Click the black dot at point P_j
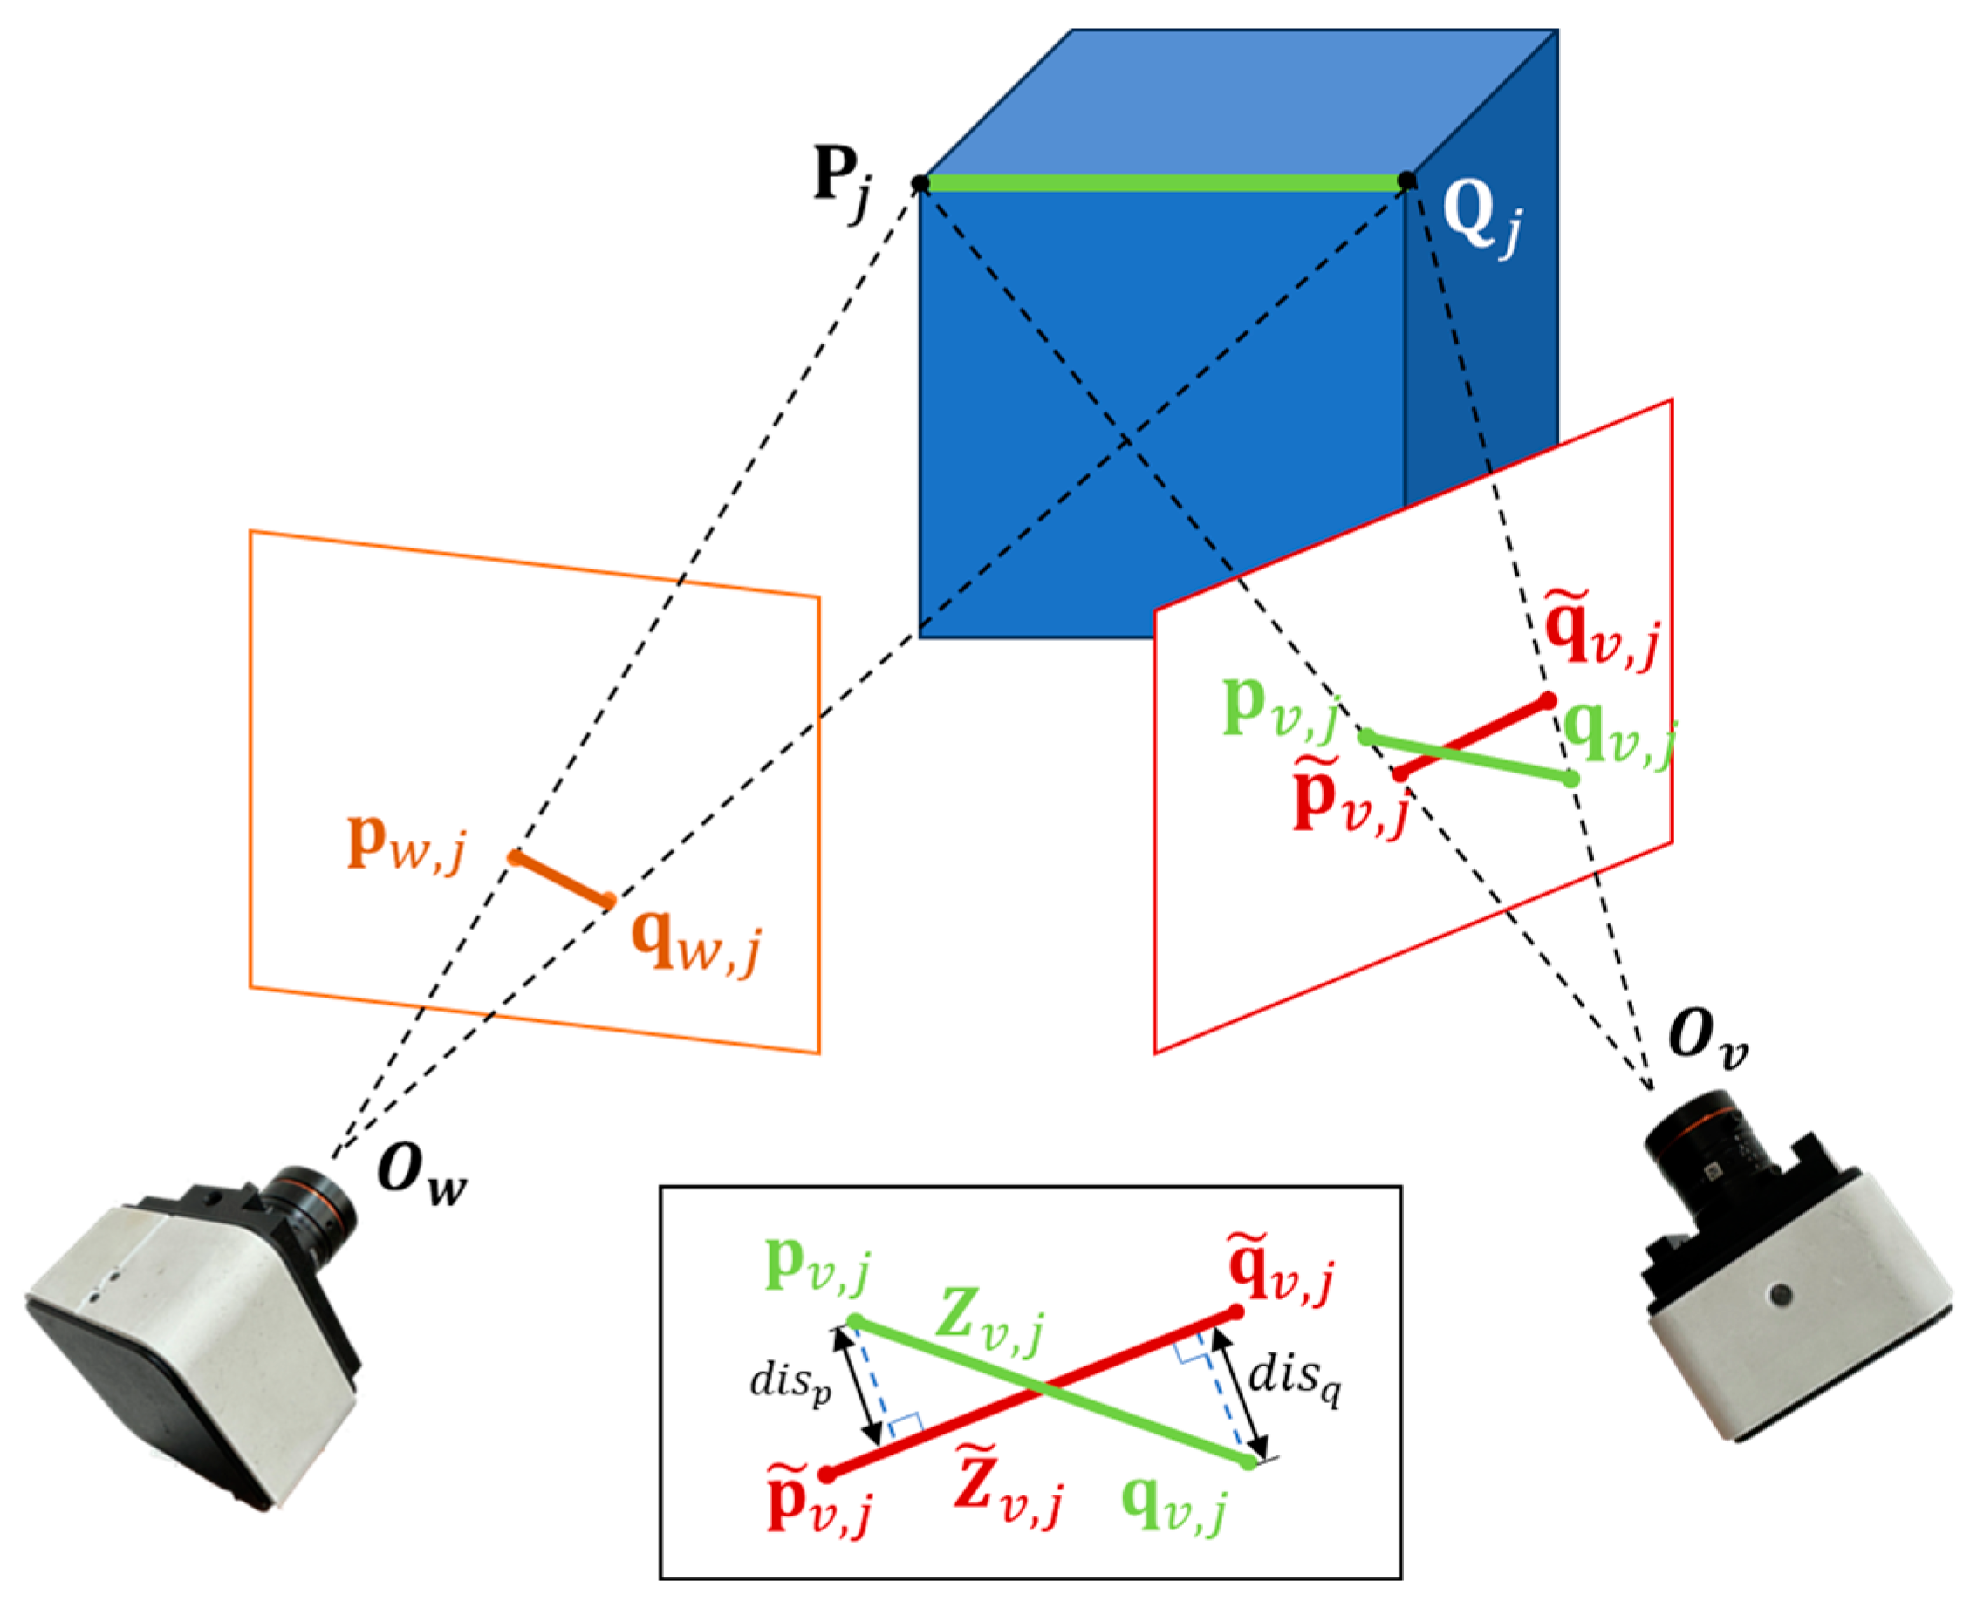(920, 183)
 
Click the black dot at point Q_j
(1407, 181)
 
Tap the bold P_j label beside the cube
(841, 181)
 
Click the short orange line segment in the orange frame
(561, 879)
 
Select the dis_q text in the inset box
(1293, 1380)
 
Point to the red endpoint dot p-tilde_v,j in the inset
(827, 1474)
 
